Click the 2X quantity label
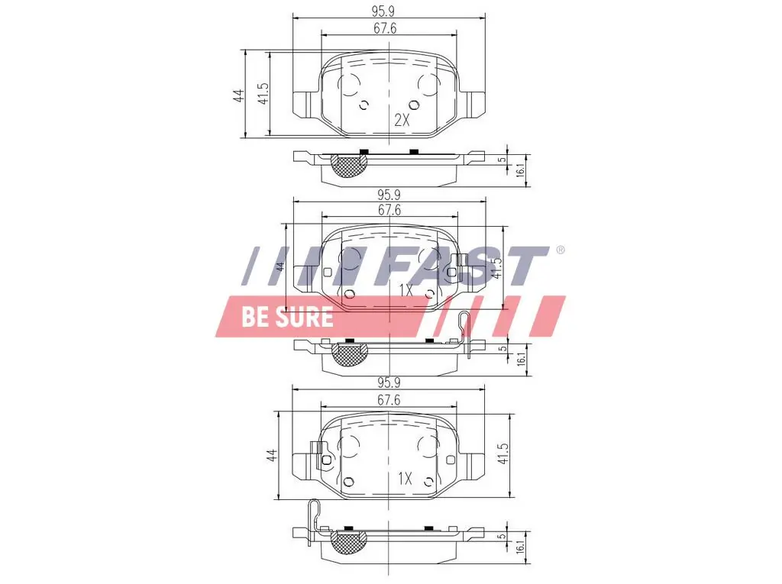point(402,120)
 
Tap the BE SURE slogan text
point(287,317)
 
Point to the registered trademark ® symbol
point(560,250)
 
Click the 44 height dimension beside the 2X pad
point(238,95)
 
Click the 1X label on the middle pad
point(406,290)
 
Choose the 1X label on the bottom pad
point(405,479)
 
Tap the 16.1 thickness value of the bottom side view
point(521,547)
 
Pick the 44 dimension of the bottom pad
point(271,456)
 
